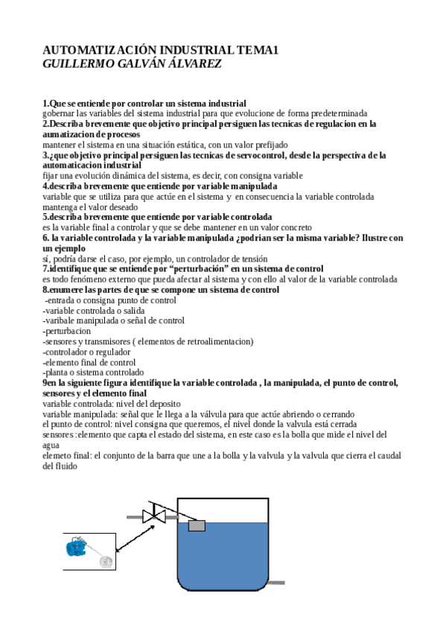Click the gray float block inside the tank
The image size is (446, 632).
pos(197,525)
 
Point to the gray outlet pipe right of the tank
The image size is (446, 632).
pos(276,581)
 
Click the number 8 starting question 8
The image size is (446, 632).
pos(45,289)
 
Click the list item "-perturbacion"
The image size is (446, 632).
pos(67,331)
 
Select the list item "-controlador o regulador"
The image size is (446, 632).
pos(86,352)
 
